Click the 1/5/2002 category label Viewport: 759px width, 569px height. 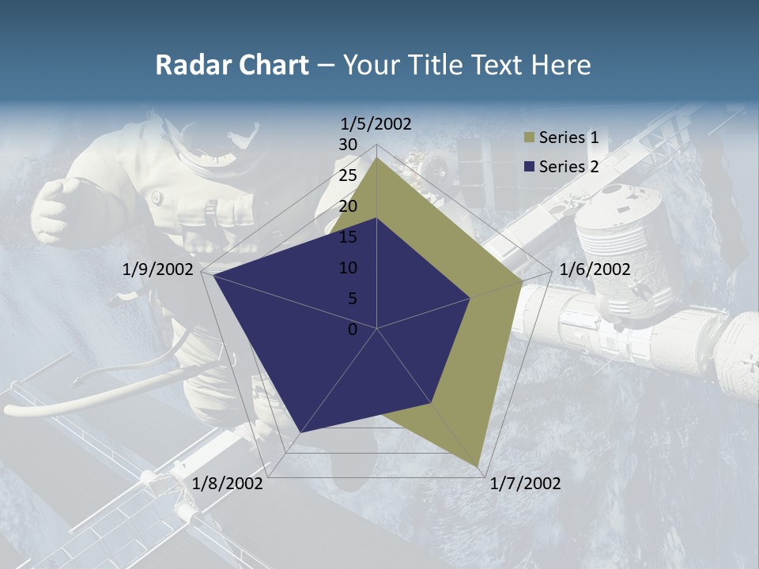[x=376, y=123]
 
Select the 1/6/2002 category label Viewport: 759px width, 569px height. [x=595, y=269]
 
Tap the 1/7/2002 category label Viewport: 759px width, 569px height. [x=525, y=484]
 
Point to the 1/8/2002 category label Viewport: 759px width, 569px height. [x=228, y=484]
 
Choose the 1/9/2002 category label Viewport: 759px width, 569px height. [x=158, y=269]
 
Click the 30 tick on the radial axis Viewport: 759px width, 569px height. [x=348, y=145]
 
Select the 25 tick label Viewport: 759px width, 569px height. [x=348, y=175]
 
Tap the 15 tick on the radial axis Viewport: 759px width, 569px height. [x=348, y=237]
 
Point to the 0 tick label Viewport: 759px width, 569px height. [x=353, y=330]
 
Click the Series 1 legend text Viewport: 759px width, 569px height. [x=568, y=138]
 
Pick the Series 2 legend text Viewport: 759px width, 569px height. [x=568, y=166]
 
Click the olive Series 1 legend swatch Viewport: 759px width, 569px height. [x=527, y=138]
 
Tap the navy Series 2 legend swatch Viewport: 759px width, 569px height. [x=527, y=167]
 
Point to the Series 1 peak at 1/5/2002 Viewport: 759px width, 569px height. [x=376, y=157]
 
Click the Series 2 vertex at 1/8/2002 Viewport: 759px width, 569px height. [x=300, y=432]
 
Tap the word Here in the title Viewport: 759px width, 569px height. [x=561, y=65]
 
